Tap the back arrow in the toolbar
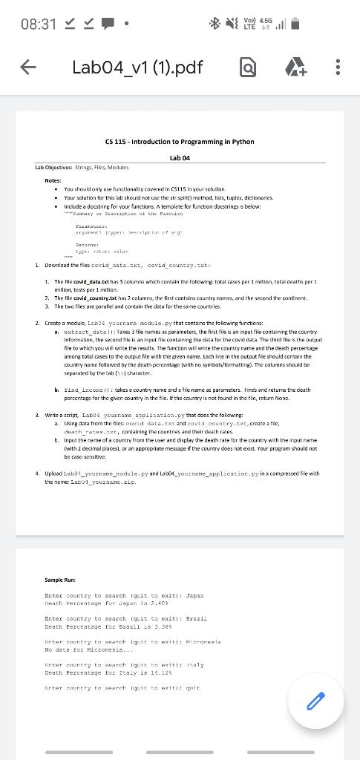pos(27,68)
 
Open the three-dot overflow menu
pos(338,68)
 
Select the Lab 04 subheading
pos(180,157)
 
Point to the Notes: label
pos(53,180)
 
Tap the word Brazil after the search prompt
pos(196,617)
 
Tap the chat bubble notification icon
pos(106,24)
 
